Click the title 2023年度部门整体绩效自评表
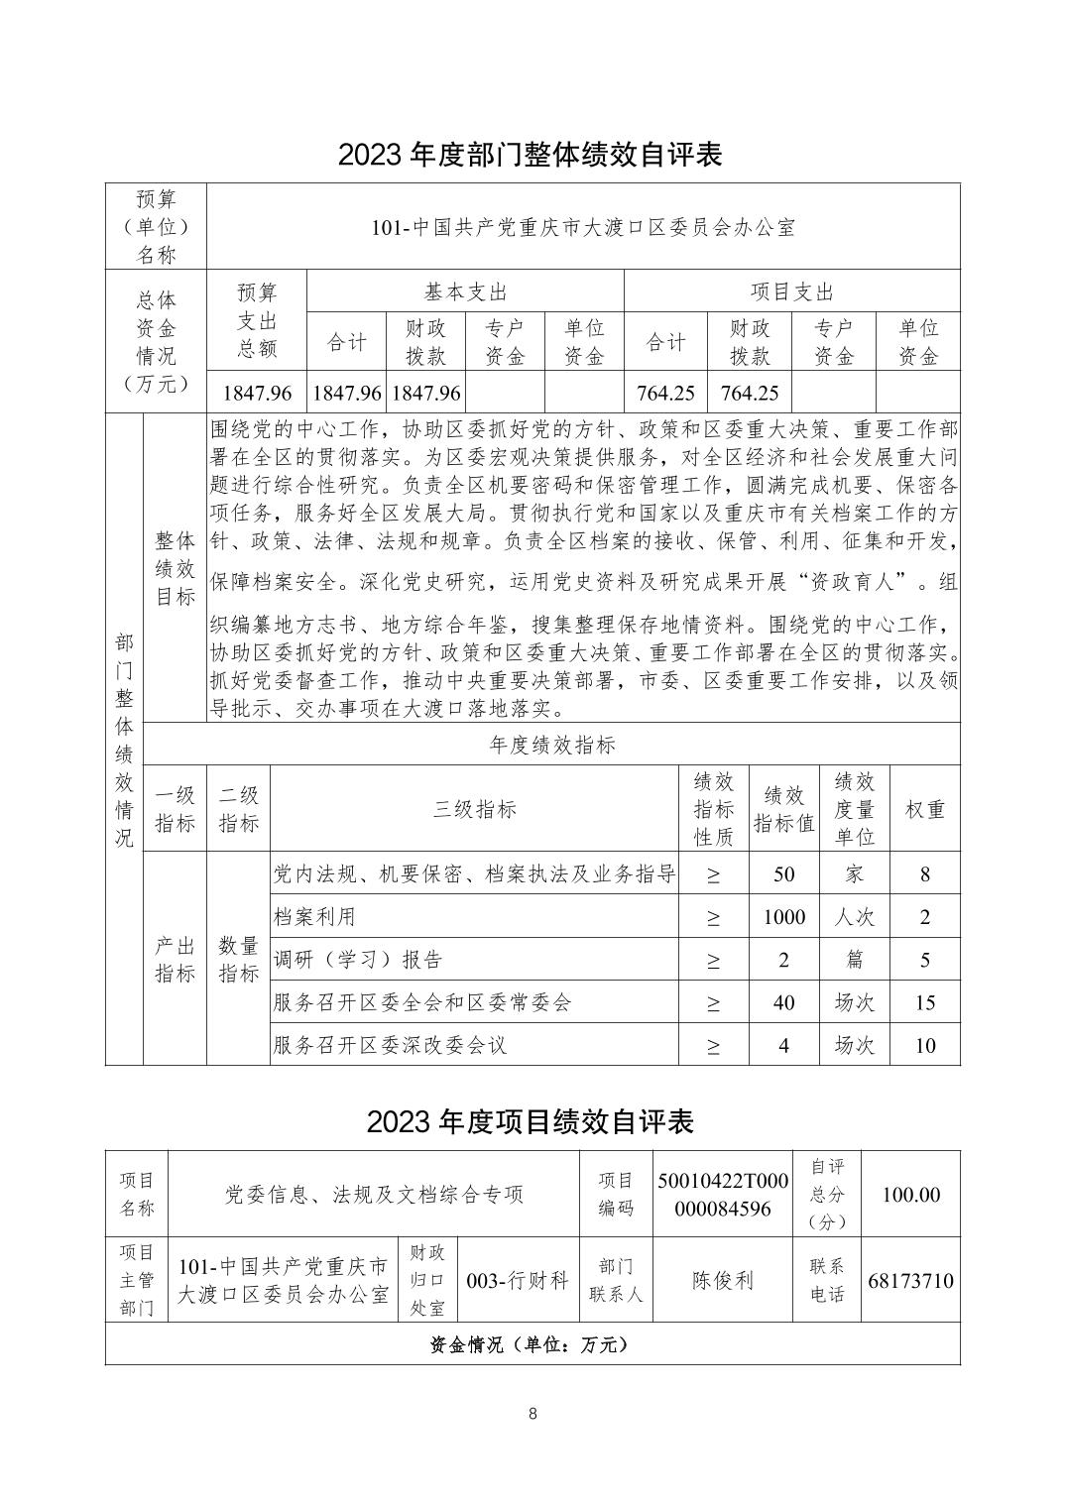pos(532,155)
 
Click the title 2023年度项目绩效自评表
pos(532,1121)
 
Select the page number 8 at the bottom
pos(532,1414)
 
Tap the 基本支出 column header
pos(465,291)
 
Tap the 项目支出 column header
pos(791,291)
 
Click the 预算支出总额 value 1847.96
pos(257,393)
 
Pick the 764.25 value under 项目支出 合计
pos(665,393)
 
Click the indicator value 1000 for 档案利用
pos(783,917)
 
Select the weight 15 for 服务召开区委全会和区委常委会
pos(924,1002)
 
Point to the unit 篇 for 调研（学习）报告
pos(854,960)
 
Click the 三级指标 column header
pos(474,809)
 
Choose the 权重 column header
pos(924,809)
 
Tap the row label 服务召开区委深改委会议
pos(390,1045)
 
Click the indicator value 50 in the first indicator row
pos(783,874)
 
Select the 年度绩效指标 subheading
pos(552,745)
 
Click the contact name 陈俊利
pos(722,1280)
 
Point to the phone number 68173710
pos(910,1280)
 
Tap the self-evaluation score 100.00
pos(910,1195)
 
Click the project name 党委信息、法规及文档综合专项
pos(374,1195)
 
